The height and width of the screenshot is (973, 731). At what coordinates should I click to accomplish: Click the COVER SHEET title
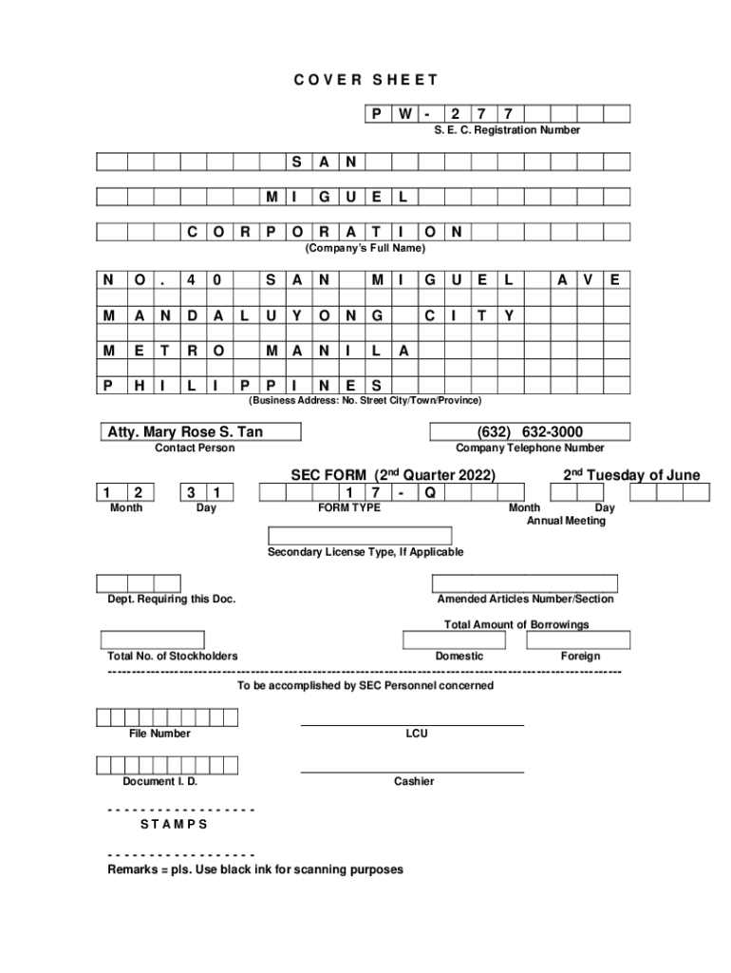(365, 81)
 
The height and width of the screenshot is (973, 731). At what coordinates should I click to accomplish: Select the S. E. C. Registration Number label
(500, 130)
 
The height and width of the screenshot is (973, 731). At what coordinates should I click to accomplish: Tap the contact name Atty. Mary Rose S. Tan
(184, 433)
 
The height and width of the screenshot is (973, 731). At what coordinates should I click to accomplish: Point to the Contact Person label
(195, 448)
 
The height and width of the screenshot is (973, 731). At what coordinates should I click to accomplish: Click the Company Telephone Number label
(530, 448)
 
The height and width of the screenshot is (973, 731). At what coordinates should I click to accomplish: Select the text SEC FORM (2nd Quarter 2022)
(386, 475)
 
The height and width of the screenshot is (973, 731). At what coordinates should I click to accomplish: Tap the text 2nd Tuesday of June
(631, 475)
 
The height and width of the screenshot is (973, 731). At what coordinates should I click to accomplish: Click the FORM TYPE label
(348, 508)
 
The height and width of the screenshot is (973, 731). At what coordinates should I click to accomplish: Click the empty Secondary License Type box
(365, 537)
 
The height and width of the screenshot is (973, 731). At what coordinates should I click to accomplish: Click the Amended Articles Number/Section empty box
(525, 583)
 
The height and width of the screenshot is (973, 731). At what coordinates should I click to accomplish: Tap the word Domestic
(459, 657)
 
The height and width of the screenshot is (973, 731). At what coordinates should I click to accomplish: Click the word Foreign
(580, 657)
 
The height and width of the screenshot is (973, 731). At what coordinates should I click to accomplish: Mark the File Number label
(159, 734)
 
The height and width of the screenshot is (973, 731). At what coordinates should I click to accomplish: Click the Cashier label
(414, 781)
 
